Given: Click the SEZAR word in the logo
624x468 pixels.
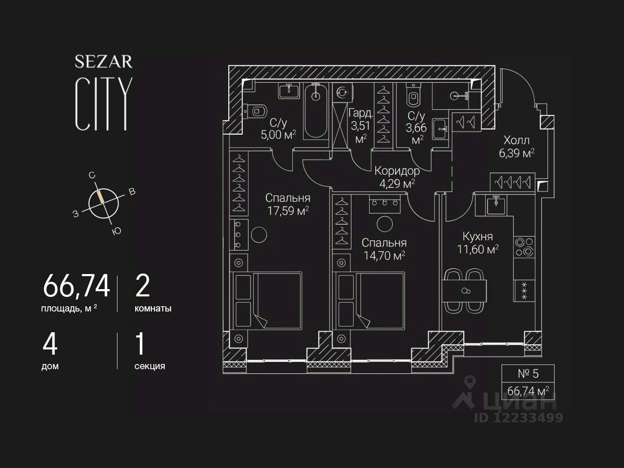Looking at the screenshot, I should pyautogui.click(x=103, y=62).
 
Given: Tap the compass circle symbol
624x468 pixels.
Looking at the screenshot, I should pyautogui.click(x=103, y=202).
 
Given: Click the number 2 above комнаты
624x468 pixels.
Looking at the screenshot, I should pyautogui.click(x=142, y=285).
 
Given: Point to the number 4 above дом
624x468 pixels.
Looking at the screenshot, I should pyautogui.click(x=50, y=344).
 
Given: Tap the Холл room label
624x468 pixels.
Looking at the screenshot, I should pyautogui.click(x=517, y=140).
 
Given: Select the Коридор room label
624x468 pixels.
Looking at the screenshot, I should pyautogui.click(x=397, y=171).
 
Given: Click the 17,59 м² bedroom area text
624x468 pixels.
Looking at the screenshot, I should pyautogui.click(x=288, y=210).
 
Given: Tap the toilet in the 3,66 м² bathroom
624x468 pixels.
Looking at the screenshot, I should pyautogui.click(x=414, y=96).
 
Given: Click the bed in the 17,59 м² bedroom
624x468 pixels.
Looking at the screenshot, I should pyautogui.click(x=267, y=301).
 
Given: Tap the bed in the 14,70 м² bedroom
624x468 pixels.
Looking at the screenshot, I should pyautogui.click(x=370, y=301).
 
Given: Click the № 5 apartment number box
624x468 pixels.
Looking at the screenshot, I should pyautogui.click(x=528, y=374).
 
